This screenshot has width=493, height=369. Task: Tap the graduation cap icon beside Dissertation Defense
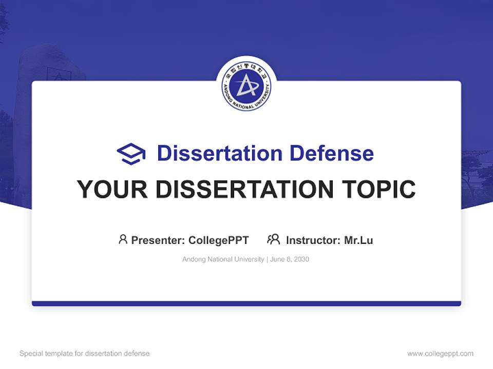point(131,154)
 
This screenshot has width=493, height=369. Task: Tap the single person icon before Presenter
point(123,239)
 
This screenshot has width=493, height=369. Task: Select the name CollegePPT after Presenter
point(218,240)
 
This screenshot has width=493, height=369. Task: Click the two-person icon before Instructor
point(273,239)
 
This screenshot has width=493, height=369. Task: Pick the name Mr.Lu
point(358,240)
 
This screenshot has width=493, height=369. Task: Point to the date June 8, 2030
point(290,259)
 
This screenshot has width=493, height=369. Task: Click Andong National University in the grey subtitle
point(223,259)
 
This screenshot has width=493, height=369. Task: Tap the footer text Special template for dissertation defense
point(85,354)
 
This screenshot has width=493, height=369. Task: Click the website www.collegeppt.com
point(440,354)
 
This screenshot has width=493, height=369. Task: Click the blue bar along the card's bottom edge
point(246,303)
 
